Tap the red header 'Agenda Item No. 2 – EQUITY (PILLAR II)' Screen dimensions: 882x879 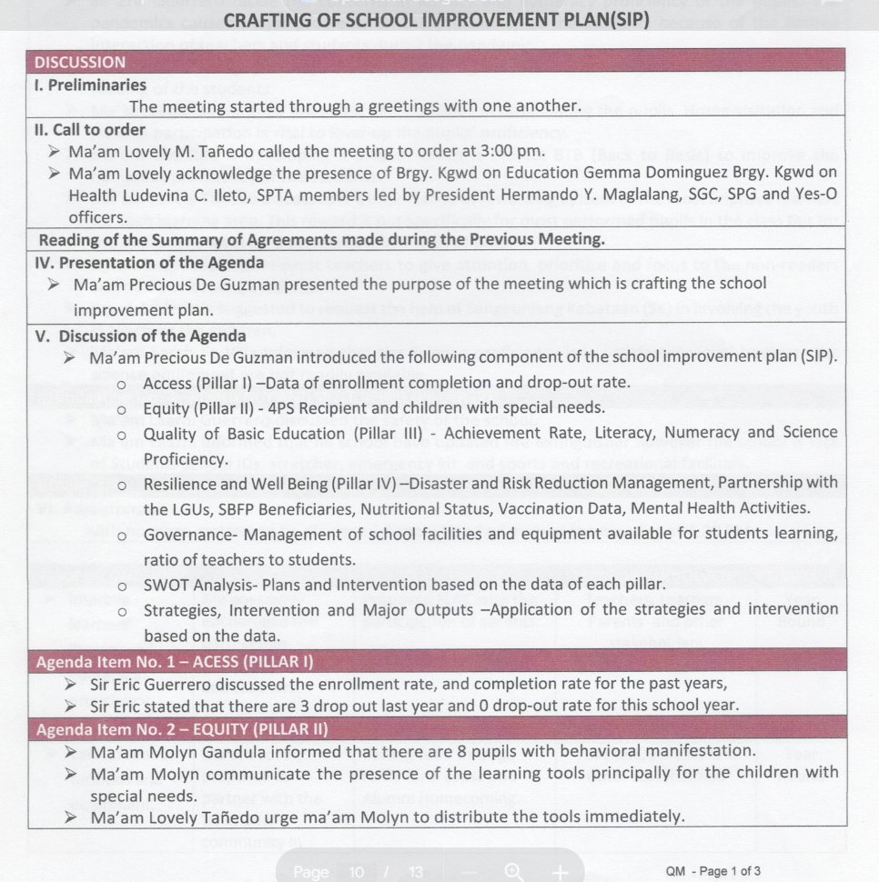(182, 728)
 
